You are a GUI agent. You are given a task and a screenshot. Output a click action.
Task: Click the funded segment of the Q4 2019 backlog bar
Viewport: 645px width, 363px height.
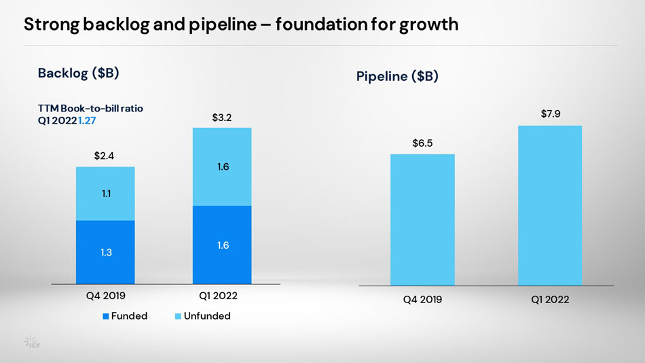105,252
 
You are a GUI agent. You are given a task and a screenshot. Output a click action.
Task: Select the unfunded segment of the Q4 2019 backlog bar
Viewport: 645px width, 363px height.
105,194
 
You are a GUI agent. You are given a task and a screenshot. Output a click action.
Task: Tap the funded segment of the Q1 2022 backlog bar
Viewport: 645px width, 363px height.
222,245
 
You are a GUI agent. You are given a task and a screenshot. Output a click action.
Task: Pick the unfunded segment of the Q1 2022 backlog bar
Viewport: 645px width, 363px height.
222,167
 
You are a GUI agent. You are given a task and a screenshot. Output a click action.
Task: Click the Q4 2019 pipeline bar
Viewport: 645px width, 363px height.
422,220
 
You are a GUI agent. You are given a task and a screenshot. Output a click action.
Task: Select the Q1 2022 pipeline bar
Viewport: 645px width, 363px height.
550,205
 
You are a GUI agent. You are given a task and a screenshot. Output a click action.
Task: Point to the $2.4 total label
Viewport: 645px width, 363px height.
104,156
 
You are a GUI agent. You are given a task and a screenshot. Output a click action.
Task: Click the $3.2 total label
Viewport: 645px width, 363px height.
222,118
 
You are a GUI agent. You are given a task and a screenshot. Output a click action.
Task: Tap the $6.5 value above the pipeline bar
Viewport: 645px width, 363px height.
422,143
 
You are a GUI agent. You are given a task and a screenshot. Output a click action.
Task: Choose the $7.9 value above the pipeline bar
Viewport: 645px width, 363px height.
550,114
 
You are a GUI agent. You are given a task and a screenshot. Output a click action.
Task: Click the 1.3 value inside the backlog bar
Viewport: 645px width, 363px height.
105,253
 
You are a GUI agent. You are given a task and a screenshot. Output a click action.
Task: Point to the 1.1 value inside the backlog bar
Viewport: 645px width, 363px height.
107,194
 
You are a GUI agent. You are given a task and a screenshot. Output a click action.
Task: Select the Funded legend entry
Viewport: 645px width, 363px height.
125,316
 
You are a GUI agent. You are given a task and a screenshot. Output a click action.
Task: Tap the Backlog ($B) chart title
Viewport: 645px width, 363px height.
79,73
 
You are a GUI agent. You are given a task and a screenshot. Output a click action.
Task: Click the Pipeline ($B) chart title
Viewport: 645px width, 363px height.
397,77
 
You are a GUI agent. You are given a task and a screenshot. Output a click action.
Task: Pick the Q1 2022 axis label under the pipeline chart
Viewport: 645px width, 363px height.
549,299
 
